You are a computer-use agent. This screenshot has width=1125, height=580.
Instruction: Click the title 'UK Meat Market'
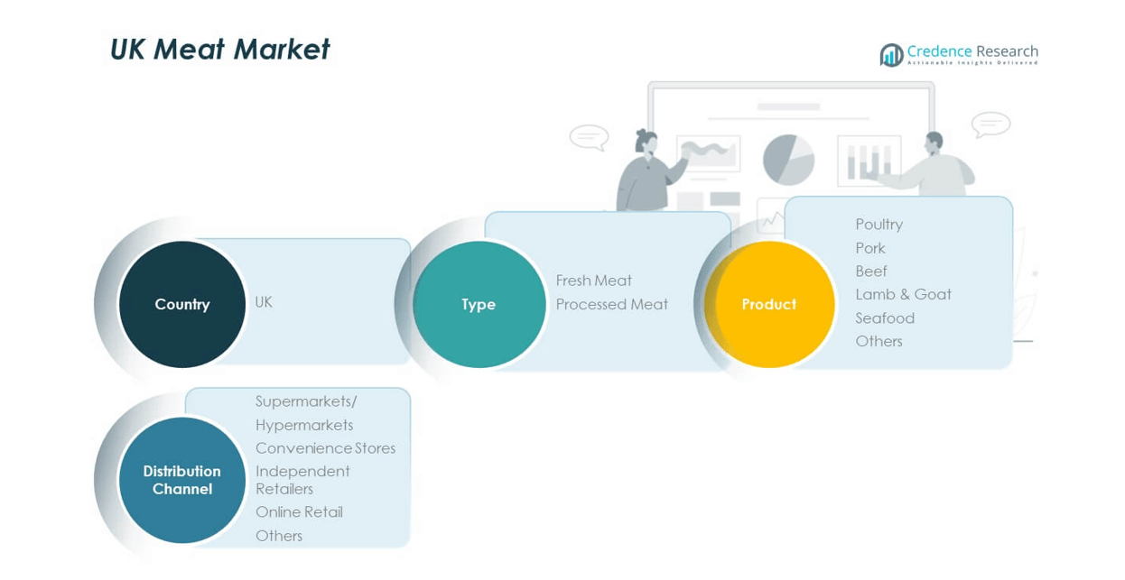(x=219, y=50)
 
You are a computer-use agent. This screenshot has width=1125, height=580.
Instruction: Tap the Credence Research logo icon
(x=891, y=55)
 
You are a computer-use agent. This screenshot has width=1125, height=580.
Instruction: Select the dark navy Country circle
(x=182, y=304)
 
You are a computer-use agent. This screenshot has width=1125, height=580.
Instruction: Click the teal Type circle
(x=479, y=304)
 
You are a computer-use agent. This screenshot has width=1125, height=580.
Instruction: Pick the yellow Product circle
(x=769, y=304)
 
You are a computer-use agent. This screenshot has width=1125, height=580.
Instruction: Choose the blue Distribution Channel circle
(x=182, y=480)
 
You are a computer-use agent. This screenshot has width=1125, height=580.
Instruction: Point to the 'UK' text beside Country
(x=264, y=302)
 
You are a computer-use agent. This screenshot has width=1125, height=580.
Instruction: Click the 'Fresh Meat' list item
(x=593, y=281)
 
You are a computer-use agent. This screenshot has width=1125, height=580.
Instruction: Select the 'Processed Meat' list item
(x=611, y=304)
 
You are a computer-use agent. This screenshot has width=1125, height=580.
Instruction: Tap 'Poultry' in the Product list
(x=879, y=225)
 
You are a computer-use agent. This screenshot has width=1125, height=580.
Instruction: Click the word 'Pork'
(x=870, y=248)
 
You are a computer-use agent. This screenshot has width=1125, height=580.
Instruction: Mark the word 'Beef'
(x=871, y=272)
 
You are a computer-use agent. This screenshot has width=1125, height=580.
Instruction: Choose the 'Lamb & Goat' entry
(x=903, y=294)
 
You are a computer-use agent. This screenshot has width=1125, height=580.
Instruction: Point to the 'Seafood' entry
(x=885, y=318)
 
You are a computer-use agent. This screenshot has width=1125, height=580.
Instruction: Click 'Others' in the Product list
(x=879, y=341)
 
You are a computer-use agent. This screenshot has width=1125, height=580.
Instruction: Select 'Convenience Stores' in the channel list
(x=325, y=448)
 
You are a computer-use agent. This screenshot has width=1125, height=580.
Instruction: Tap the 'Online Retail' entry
(x=299, y=512)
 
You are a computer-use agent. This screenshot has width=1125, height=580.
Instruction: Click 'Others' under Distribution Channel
(x=279, y=536)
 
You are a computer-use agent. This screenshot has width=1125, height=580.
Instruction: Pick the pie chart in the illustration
(x=788, y=160)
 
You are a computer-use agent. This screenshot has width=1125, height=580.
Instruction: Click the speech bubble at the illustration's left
(x=589, y=137)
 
